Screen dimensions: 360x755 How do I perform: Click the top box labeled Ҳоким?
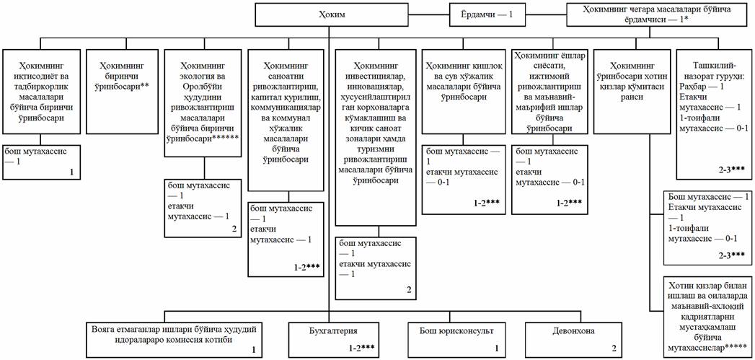(328, 14)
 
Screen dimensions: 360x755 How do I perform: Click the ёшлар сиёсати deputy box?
(549, 90)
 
